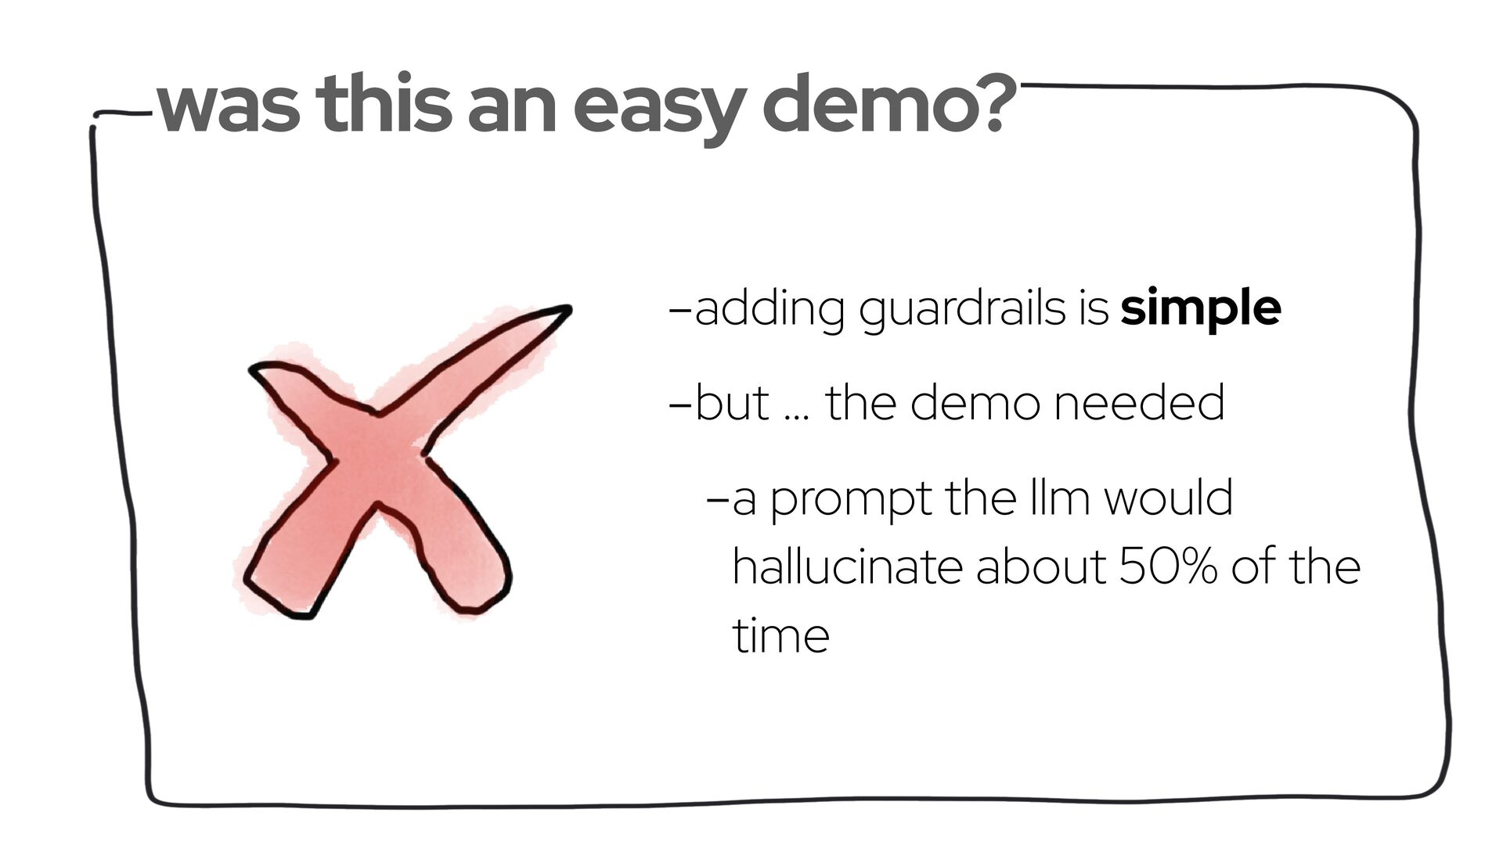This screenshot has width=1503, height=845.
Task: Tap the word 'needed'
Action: tap(1138, 403)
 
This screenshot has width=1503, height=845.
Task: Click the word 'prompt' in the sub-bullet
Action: tap(851, 502)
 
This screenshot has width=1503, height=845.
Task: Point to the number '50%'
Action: tap(1167, 566)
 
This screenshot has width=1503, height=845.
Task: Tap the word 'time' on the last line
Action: tap(780, 635)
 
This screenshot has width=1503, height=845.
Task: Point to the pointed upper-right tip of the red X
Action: tap(570, 308)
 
